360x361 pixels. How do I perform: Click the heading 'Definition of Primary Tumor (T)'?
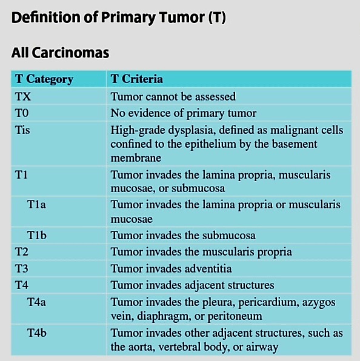point(119,18)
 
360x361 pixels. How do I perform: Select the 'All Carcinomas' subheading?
point(60,53)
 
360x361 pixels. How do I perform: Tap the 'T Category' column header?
point(44,79)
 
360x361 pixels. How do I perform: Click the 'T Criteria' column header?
point(137,79)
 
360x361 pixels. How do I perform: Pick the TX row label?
point(23,96)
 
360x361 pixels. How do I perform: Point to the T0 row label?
point(22,113)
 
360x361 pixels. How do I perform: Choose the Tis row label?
point(22,130)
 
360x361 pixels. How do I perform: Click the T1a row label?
point(36,205)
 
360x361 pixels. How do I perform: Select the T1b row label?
point(37,235)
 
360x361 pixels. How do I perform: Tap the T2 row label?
point(22,251)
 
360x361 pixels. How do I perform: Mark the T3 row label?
point(22,268)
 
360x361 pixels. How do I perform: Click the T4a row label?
point(36,302)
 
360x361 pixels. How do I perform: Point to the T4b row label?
point(37,333)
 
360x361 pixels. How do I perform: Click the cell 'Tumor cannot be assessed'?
point(173,96)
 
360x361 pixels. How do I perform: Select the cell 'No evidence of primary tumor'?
point(184,113)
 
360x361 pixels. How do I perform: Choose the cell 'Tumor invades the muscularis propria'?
point(201,252)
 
